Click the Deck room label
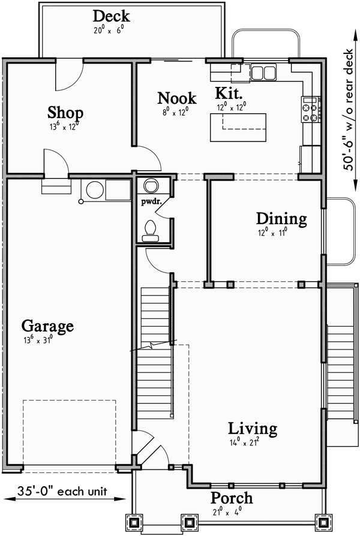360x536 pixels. pyautogui.click(x=112, y=16)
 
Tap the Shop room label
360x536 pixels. pyautogui.click(x=65, y=112)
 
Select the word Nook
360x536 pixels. pyautogui.click(x=176, y=98)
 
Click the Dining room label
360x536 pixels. pyautogui.click(x=281, y=218)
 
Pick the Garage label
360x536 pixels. pyautogui.click(x=47, y=326)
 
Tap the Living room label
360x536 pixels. pyautogui.click(x=253, y=429)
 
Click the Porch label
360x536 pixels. pyautogui.click(x=232, y=498)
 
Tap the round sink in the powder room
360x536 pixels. pyautogui.click(x=150, y=184)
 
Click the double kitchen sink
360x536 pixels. pyautogui.click(x=263, y=73)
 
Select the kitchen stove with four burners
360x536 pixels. pyautogui.click(x=311, y=109)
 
